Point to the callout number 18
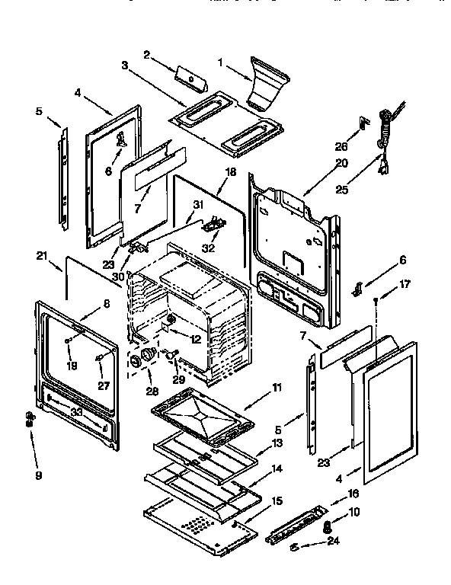(229, 173)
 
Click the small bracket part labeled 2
(186, 76)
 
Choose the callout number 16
(352, 494)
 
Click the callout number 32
(208, 248)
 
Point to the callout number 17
(405, 285)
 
